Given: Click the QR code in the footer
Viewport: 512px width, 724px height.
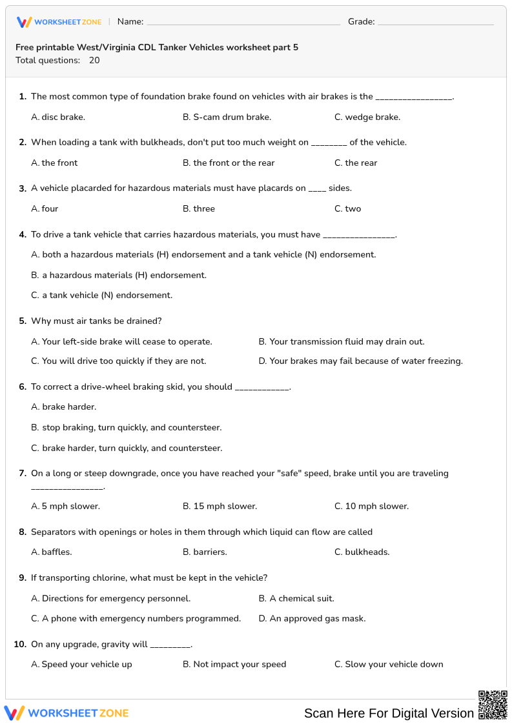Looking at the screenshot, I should click(492, 705).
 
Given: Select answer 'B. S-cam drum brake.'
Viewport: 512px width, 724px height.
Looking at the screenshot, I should click(227, 117).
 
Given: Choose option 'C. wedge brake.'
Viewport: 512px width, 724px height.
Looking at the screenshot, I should click(367, 117).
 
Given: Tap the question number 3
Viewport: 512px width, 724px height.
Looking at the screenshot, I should click(23, 188).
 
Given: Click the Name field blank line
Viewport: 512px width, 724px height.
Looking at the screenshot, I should click(243, 22).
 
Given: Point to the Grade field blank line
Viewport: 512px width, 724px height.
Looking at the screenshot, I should click(435, 22).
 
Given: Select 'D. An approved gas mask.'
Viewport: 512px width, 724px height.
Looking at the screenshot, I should click(312, 619).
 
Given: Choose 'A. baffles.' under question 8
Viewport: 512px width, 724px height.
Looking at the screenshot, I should click(52, 552).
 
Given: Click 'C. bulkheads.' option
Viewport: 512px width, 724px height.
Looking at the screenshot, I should click(362, 552).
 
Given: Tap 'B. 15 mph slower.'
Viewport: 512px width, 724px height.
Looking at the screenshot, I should click(220, 507).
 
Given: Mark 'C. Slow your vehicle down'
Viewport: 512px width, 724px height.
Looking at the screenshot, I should click(389, 665).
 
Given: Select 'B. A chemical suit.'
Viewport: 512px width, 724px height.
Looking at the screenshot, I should click(296, 599).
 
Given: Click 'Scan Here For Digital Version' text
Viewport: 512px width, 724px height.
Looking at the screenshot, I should click(389, 713).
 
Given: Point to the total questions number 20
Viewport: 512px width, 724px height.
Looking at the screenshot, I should click(94, 61).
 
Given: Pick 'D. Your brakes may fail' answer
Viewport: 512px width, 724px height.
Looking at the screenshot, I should click(360, 361).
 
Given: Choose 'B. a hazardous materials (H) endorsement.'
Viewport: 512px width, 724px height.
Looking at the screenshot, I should click(119, 276).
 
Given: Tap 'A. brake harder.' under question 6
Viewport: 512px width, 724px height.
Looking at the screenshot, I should click(63, 407).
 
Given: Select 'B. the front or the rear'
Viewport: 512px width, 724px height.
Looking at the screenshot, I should click(229, 163).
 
